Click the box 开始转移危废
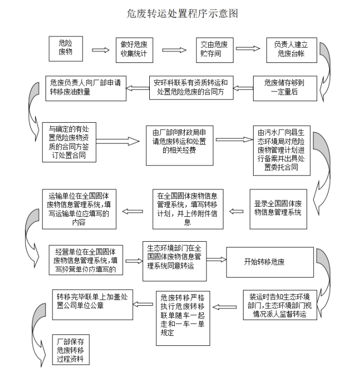pyautogui.click(x=264, y=262)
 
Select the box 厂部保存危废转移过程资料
pyautogui.click(x=70, y=349)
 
